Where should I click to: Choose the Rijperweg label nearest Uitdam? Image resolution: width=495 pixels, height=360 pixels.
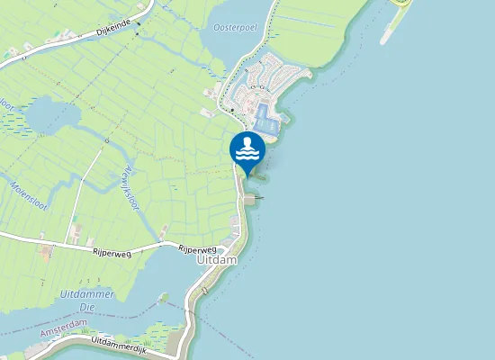click(x=197, y=248)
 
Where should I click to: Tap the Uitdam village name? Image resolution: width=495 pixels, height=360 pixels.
click(x=216, y=259)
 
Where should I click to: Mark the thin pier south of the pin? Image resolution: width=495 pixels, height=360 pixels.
click(x=256, y=197)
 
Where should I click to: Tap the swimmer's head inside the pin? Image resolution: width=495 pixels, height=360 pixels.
click(x=247, y=142)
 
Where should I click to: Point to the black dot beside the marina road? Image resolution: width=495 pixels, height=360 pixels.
click(x=232, y=110)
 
